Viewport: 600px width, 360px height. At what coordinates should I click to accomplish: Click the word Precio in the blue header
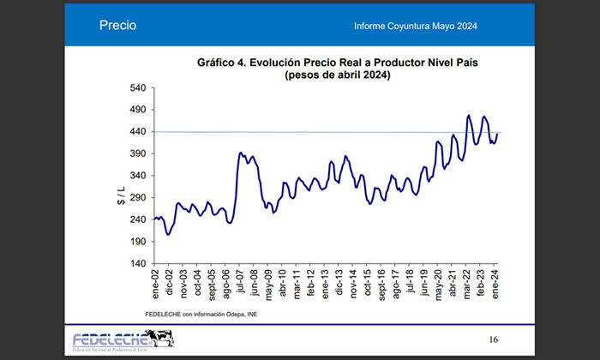point(117,27)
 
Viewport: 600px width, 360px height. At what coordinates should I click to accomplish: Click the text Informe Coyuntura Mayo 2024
point(415,27)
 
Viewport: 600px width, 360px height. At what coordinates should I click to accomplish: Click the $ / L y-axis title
point(121,195)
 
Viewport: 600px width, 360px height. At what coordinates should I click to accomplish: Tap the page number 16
point(493,339)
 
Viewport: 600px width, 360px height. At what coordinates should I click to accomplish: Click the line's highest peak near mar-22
point(469,115)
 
